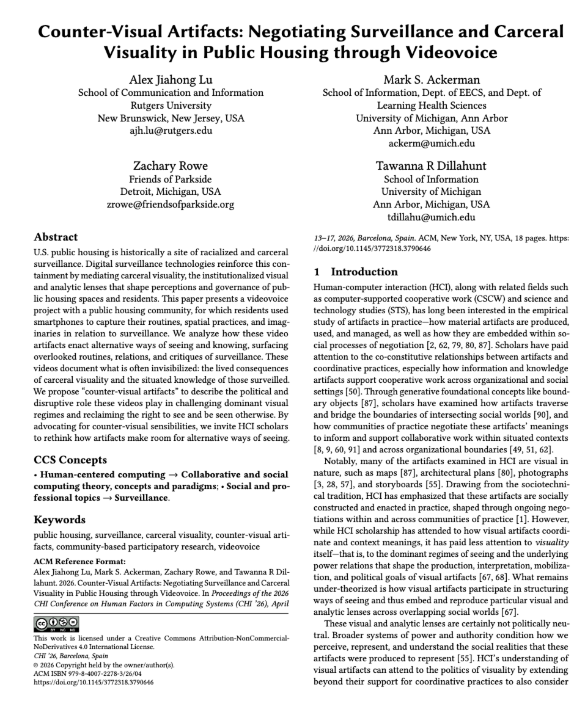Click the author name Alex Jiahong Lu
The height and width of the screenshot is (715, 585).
click(x=171, y=80)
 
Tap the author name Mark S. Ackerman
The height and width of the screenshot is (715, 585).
click(x=432, y=80)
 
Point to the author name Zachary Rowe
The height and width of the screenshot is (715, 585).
click(x=171, y=166)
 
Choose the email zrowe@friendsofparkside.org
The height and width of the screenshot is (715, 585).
click(x=171, y=205)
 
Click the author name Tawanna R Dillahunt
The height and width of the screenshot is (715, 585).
click(x=432, y=166)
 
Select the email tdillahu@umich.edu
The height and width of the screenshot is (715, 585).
click(x=432, y=217)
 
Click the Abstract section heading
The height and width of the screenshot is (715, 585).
click(x=55, y=238)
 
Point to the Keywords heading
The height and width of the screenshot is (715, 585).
click(x=59, y=520)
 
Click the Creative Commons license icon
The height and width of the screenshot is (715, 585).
click(x=57, y=622)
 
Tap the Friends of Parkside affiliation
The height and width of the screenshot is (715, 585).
click(x=171, y=179)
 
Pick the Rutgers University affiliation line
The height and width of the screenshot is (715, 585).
click(x=171, y=106)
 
